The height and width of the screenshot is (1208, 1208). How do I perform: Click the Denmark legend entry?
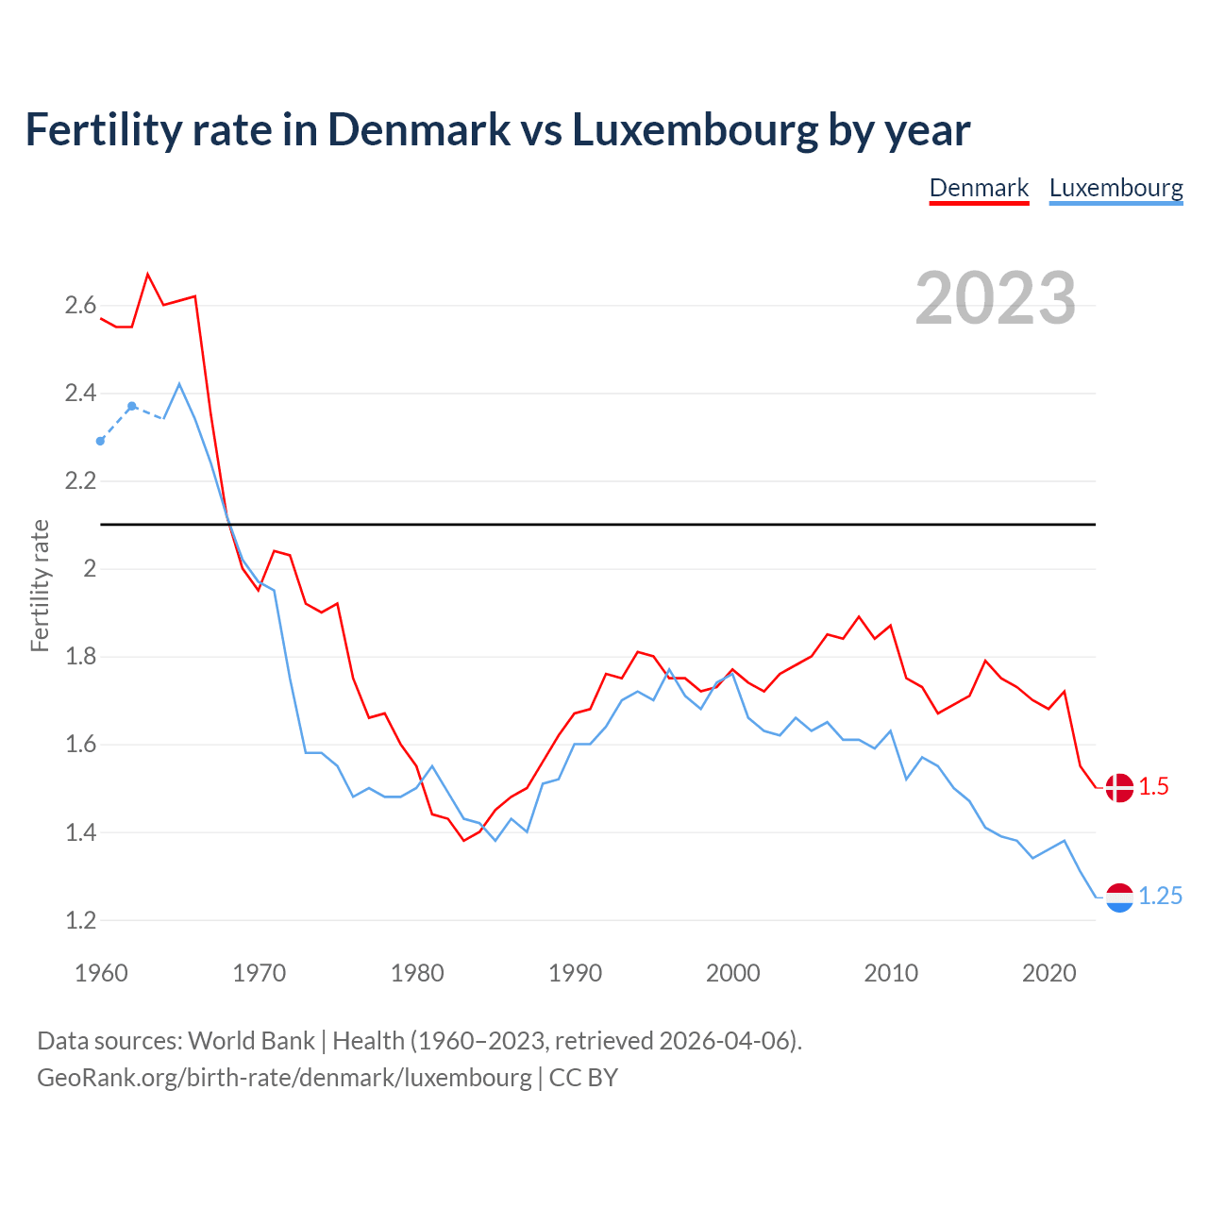pos(979,188)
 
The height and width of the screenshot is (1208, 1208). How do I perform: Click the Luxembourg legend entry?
pos(1116,188)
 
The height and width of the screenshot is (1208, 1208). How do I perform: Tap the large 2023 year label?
pos(996,298)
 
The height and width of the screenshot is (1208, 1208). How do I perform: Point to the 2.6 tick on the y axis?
pos(80,305)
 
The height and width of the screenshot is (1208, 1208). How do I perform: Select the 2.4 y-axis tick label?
pos(80,393)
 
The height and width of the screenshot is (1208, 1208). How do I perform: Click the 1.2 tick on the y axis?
pos(80,920)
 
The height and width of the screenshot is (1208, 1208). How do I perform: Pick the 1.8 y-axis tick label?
pos(80,656)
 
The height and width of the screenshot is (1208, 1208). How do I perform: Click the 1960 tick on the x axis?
pos(101,973)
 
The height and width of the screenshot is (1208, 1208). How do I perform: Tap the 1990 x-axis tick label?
pos(575,973)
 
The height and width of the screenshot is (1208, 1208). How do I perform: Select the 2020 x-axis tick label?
pos(1049,973)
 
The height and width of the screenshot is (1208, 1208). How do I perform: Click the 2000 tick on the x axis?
pos(732,973)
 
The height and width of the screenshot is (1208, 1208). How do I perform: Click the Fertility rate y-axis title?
pos(40,585)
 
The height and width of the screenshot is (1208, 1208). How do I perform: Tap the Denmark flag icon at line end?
pos(1119,787)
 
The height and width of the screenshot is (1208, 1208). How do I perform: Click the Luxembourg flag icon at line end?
pos(1119,898)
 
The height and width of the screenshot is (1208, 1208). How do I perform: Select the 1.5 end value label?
pos(1153,787)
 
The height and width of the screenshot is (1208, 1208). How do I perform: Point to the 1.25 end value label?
pos(1160,897)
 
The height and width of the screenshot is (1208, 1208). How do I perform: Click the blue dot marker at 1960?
pos(101,441)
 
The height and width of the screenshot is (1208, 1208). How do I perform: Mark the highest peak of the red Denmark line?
pos(148,275)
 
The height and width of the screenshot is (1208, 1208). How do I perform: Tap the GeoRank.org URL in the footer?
pos(284,1078)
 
